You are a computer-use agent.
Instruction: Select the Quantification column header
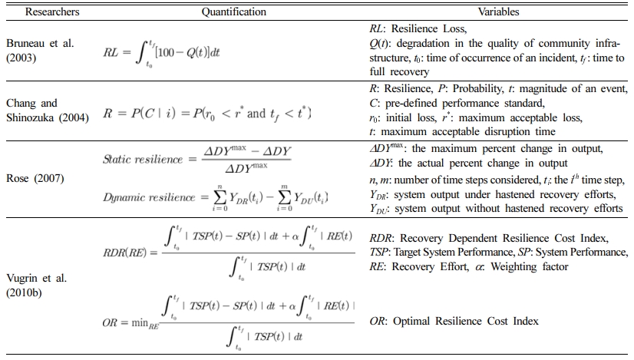click(234, 12)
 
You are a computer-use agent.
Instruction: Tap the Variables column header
click(498, 12)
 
